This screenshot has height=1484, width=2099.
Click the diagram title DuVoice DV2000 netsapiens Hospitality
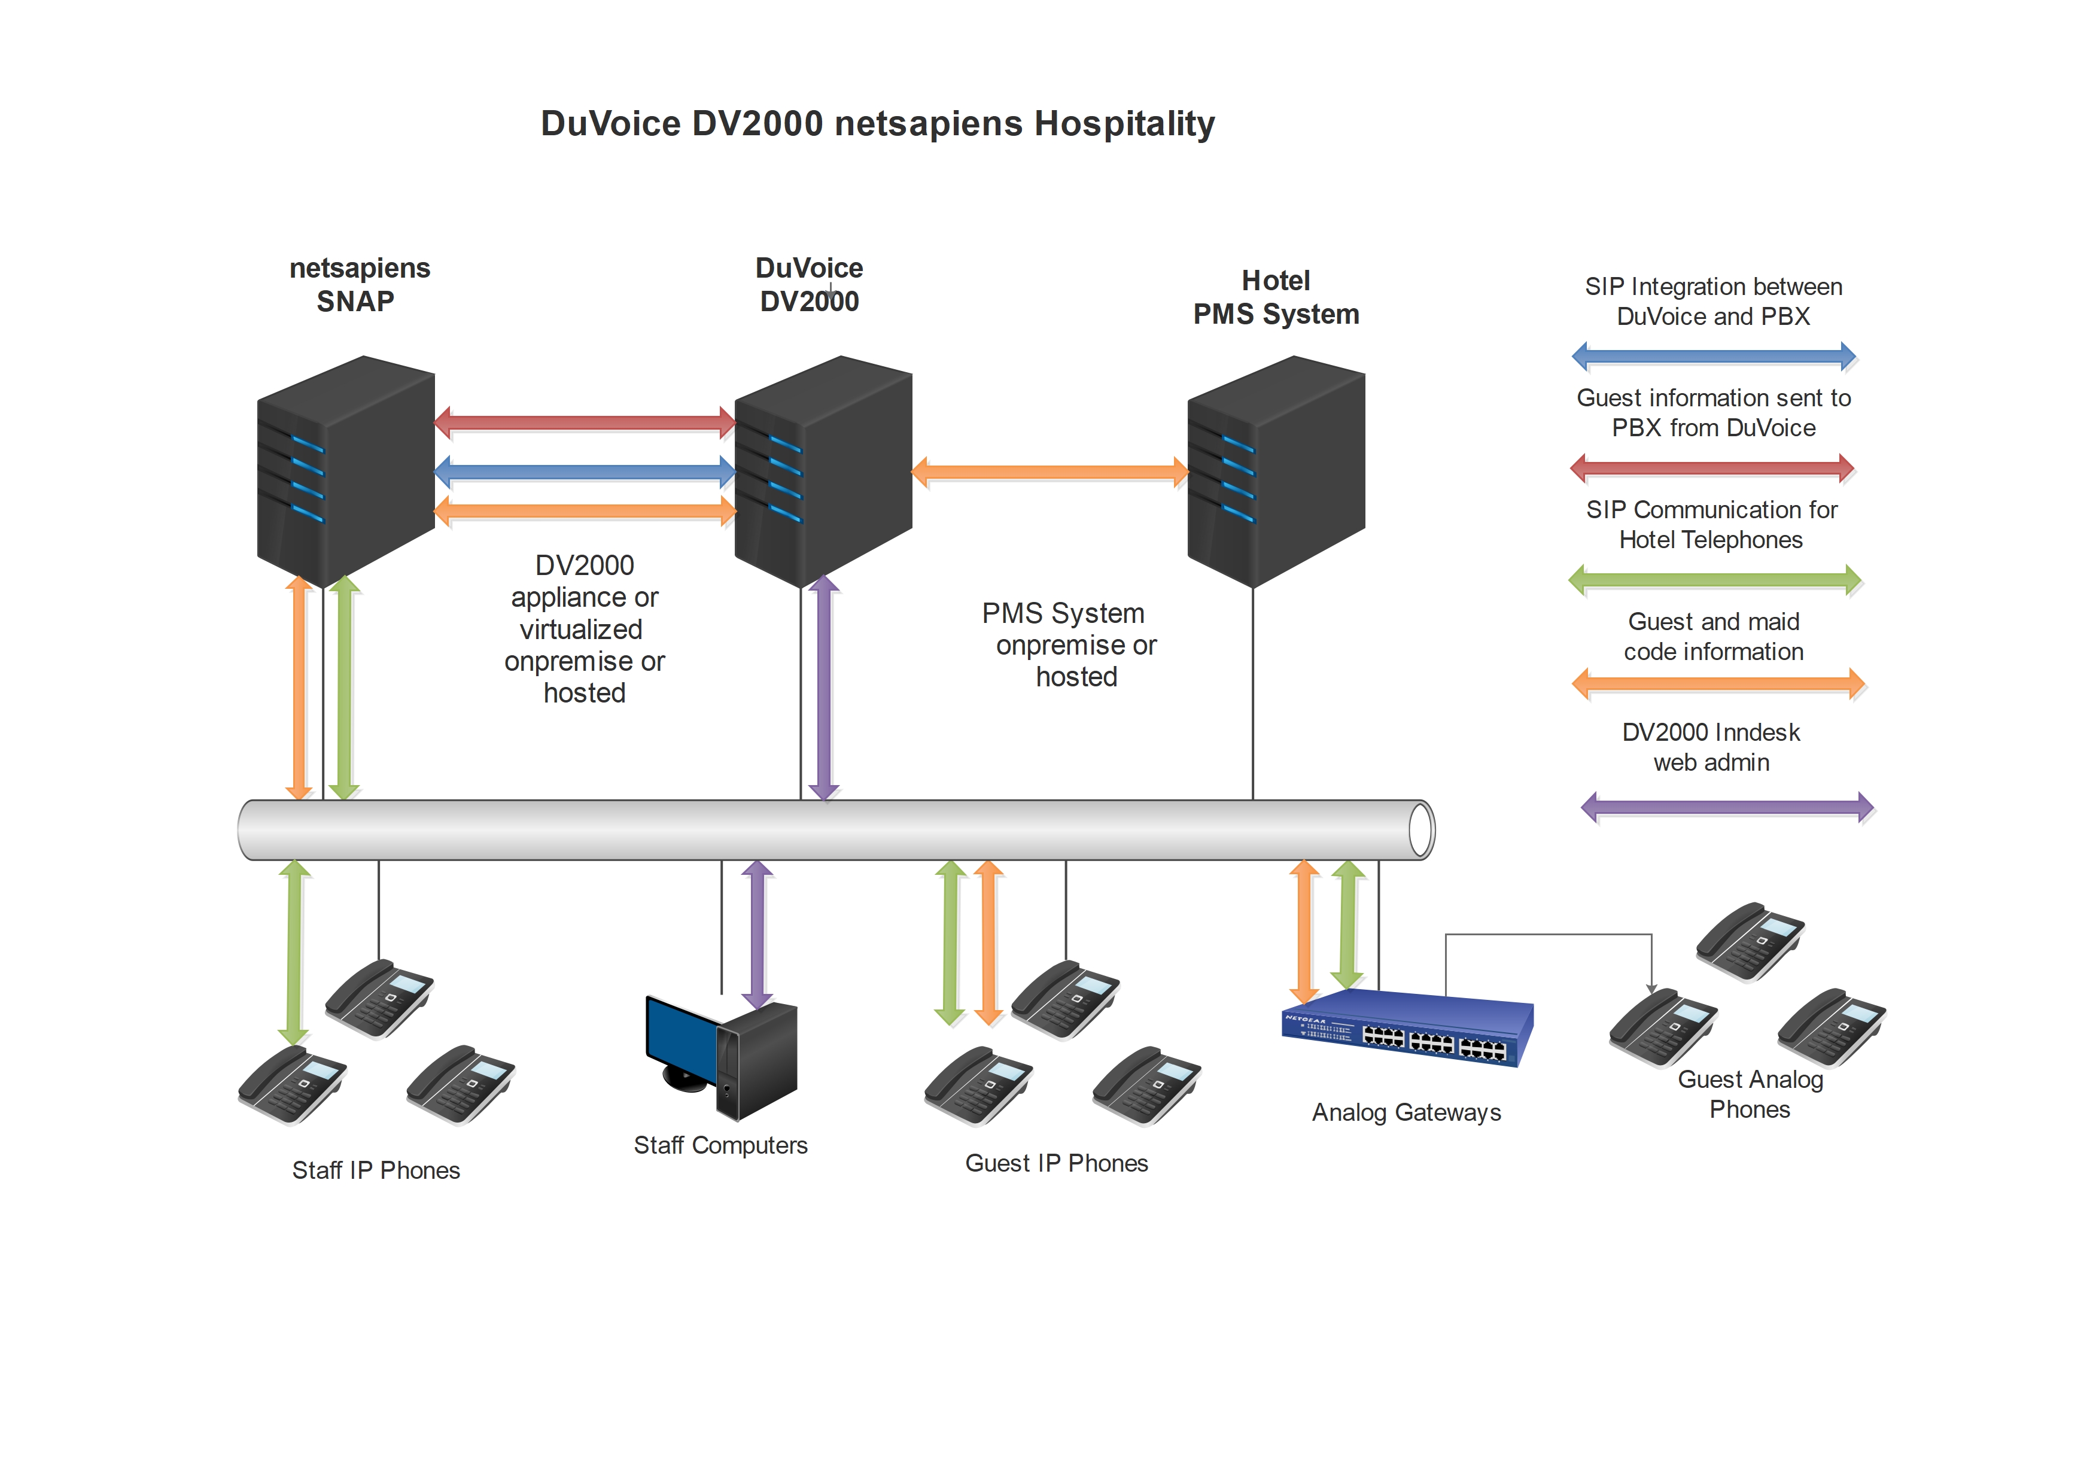point(878,123)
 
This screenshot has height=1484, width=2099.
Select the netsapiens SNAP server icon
point(346,471)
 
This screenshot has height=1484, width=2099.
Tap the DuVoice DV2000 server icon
point(823,471)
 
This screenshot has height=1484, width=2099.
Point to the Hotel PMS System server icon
point(1275,471)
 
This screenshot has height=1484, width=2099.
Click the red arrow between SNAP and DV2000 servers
point(585,422)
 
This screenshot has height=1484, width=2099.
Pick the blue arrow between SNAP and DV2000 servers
point(585,472)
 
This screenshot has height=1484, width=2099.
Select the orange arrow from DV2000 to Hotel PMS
point(1049,472)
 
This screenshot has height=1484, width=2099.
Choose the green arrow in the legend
point(1714,580)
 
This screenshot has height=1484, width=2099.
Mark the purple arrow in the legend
point(1727,807)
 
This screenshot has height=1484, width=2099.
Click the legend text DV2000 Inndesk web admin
point(1711,747)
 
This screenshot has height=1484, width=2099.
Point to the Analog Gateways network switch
point(1408,1029)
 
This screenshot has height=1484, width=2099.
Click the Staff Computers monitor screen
point(681,1038)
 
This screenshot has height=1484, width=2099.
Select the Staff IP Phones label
point(376,1170)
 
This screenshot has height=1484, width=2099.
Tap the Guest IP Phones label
point(1056,1163)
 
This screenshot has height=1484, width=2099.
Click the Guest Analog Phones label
point(1750,1094)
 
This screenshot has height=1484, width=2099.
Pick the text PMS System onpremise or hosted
point(1070,644)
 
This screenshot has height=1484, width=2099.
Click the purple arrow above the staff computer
point(757,933)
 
